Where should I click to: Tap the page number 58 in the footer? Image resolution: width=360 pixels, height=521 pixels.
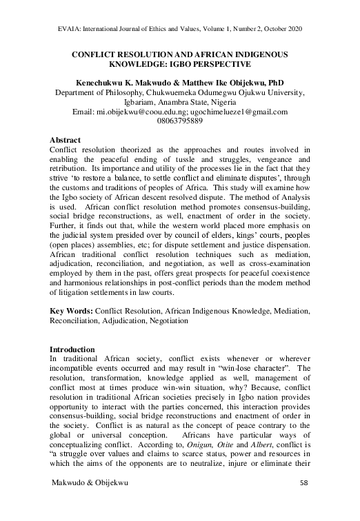[305, 504]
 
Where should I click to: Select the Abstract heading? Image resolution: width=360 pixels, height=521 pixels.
[70, 140]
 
